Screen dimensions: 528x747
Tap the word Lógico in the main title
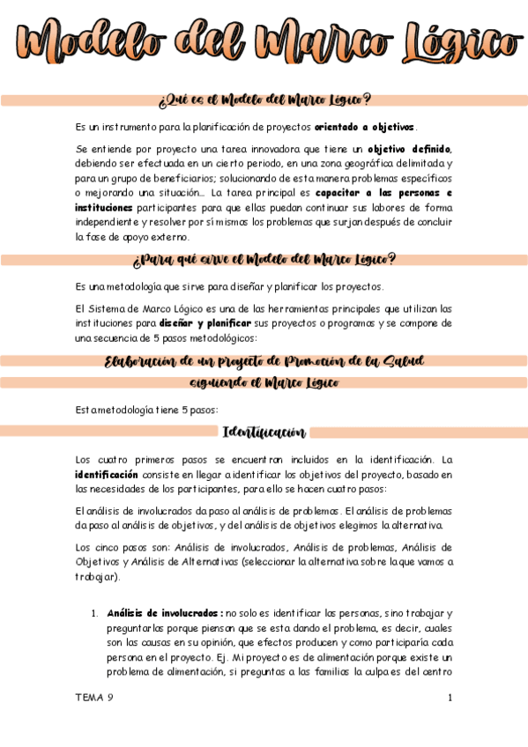pyautogui.click(x=450, y=41)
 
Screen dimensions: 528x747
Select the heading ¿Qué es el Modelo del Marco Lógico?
pyautogui.click(x=264, y=100)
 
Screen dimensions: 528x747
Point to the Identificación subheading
pyautogui.click(x=264, y=433)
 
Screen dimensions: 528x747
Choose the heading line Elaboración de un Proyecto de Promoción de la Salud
pyautogui.click(x=264, y=361)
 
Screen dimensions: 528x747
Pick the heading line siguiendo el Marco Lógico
pyautogui.click(x=264, y=383)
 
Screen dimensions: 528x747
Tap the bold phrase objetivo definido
pyautogui.click(x=409, y=148)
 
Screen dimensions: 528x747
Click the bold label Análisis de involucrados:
pyautogui.click(x=164, y=612)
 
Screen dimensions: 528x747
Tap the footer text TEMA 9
pyautogui.click(x=94, y=698)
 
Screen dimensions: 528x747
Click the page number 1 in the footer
pyautogui.click(x=450, y=698)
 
